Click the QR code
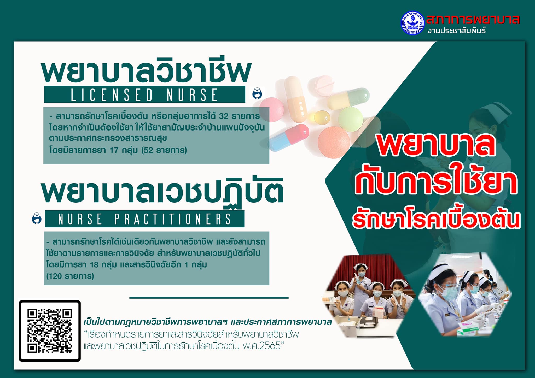50,331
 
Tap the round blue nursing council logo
413,23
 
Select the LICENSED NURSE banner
144,94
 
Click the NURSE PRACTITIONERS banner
144,219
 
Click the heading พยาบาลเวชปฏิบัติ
162,191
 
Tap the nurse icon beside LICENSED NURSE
258,93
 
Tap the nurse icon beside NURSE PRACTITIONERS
37,218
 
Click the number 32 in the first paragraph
224,116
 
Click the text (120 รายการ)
70,276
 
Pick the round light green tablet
351,119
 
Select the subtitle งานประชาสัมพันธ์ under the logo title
457,31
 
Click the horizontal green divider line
209,298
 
